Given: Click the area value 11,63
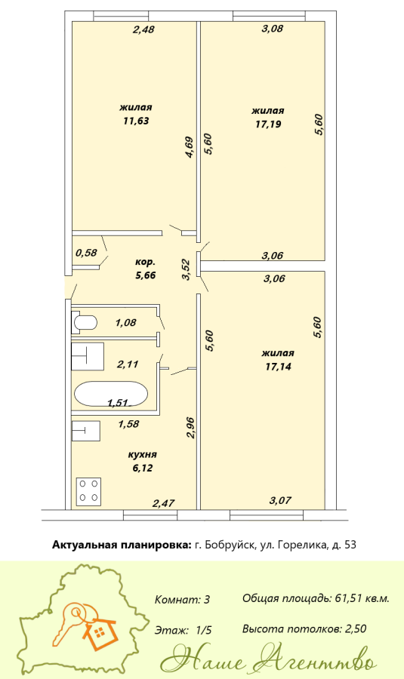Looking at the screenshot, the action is [x=136, y=121].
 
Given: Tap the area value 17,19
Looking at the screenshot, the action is [x=268, y=124].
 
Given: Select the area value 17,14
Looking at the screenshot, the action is [x=279, y=367].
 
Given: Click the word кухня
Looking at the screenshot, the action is [x=142, y=455].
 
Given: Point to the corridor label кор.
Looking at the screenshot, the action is [x=145, y=262].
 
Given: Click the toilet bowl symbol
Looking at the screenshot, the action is [x=85, y=323].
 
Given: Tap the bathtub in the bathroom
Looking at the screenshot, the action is [x=111, y=394].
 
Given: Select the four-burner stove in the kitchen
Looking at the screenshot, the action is [x=89, y=491].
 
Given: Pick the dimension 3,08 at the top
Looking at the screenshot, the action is [x=273, y=29].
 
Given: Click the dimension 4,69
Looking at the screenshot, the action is [x=190, y=147].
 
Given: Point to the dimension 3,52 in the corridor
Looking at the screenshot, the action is [x=187, y=269].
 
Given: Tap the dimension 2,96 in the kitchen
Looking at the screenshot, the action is [x=190, y=428].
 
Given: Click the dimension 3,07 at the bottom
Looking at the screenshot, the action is [x=280, y=501].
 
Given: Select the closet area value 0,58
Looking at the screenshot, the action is [x=86, y=252].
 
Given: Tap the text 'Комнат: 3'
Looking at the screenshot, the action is [x=183, y=600].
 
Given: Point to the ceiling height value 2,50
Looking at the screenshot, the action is [x=356, y=628].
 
